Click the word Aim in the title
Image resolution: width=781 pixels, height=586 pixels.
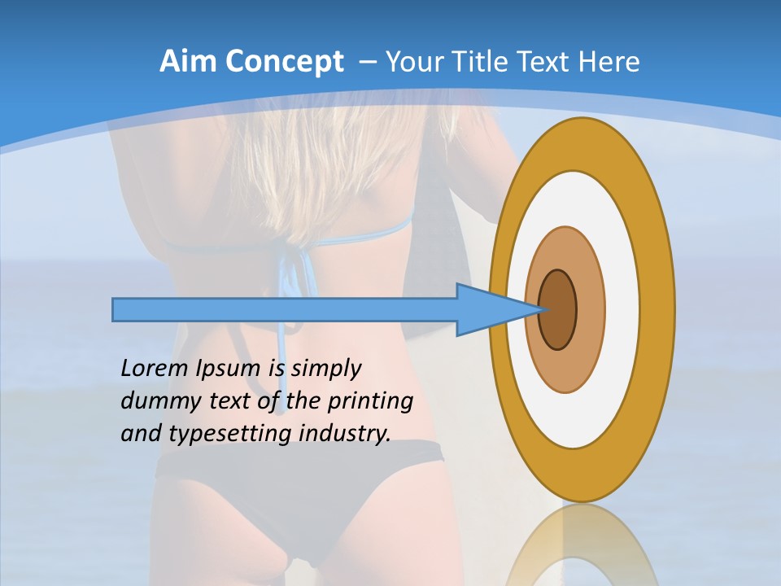coord(189,62)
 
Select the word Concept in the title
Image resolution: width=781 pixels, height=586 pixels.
coord(282,63)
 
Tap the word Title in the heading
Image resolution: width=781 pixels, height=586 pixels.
coord(480,62)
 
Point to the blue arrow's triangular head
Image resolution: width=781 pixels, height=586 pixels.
coord(488,310)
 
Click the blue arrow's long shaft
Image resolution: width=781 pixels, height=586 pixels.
coord(285,310)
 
